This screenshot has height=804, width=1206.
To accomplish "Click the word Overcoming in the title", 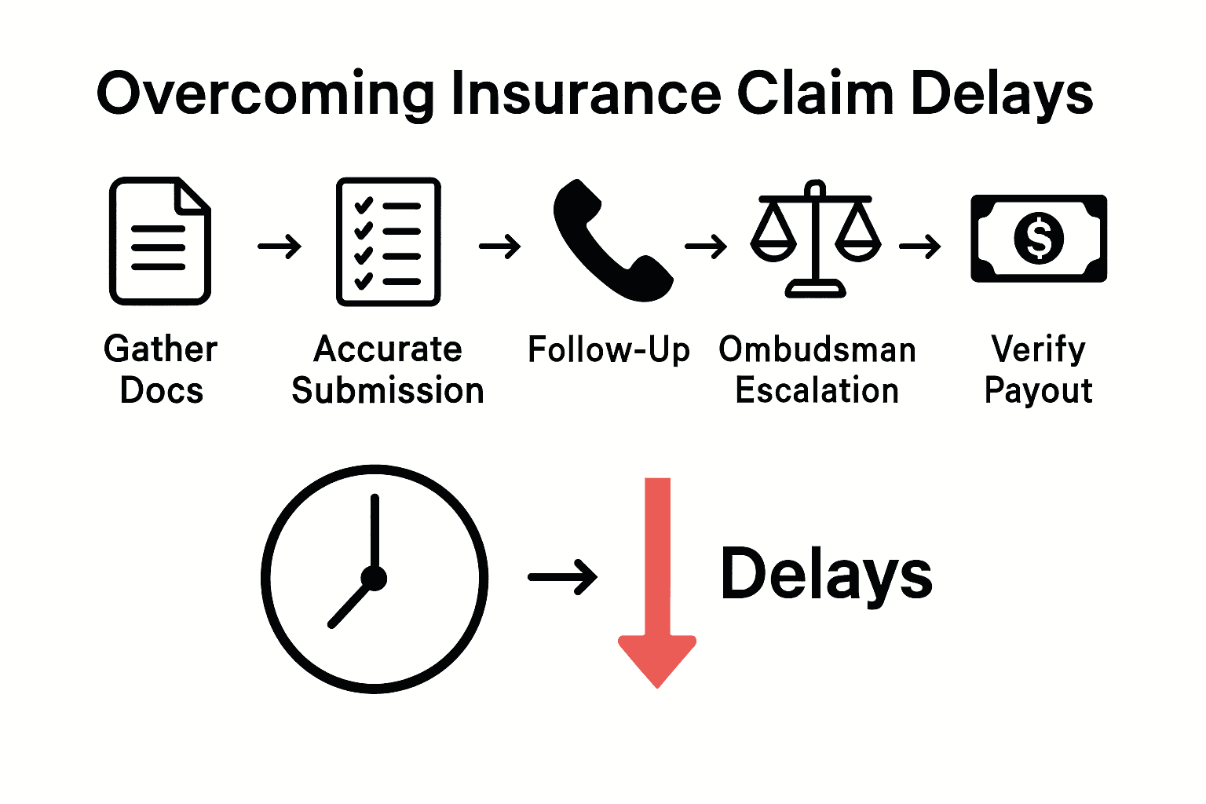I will [x=265, y=94].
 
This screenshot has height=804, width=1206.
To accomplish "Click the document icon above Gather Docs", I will [x=160, y=241].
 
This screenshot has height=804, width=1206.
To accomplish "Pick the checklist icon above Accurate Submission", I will [x=388, y=242].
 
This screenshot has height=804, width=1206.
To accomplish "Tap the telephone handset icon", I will [x=609, y=241].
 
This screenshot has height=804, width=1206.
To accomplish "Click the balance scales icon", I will [x=816, y=239].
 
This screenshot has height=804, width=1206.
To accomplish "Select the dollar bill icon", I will [x=1039, y=239].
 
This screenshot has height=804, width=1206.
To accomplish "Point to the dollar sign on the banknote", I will [x=1039, y=239].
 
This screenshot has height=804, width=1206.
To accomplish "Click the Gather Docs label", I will [x=161, y=370].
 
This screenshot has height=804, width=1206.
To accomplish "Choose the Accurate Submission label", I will [x=388, y=370].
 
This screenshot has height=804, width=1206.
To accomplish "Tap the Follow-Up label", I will [x=608, y=350].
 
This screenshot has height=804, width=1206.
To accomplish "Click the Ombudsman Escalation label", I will [x=817, y=370].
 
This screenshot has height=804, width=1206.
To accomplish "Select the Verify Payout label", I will [x=1038, y=370].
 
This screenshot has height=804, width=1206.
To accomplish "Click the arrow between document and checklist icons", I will [x=280, y=247].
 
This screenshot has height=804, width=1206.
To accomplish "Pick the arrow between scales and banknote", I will [x=920, y=247].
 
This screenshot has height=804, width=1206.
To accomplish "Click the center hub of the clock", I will [x=375, y=579].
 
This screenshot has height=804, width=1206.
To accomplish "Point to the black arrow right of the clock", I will [x=562, y=578].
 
